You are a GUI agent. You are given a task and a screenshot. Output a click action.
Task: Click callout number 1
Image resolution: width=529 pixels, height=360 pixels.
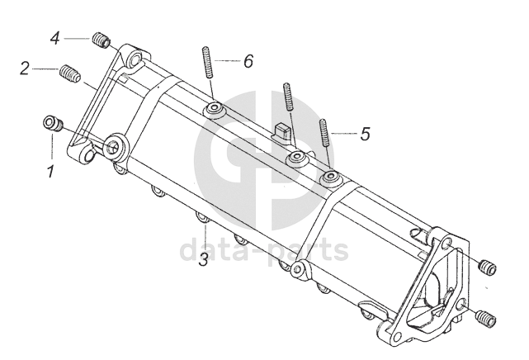click(x=50, y=173)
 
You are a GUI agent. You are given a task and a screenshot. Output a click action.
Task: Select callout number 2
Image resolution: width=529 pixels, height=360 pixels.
click(x=26, y=68)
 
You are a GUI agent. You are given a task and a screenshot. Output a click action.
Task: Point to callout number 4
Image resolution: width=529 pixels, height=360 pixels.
click(x=54, y=38)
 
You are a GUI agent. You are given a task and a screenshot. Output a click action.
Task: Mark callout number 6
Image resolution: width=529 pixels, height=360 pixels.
click(x=248, y=61)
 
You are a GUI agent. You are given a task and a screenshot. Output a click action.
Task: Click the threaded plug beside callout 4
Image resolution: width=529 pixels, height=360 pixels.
click(x=102, y=39)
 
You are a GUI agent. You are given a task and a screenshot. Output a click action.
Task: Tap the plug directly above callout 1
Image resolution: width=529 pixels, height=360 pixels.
click(x=54, y=125)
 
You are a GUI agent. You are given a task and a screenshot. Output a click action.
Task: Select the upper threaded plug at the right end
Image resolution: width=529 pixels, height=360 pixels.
click(x=489, y=266)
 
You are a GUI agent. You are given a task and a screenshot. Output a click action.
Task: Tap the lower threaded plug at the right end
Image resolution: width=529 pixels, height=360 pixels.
click(x=485, y=317)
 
